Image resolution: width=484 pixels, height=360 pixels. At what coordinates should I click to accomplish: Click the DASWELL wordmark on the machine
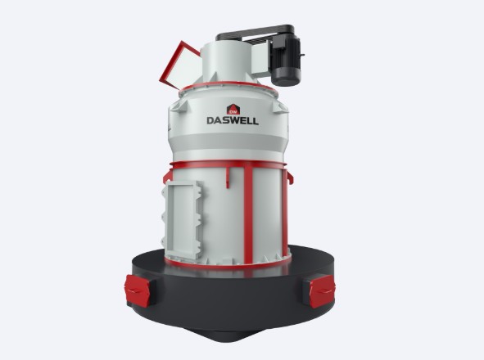coord(233,120)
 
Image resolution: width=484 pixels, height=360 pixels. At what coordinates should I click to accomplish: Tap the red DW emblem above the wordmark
coord(233,110)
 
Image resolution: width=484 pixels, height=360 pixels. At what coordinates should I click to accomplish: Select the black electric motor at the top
coord(286,61)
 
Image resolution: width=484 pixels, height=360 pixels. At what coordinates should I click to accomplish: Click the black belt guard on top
coord(256,33)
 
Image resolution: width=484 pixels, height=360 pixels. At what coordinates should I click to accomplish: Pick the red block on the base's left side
coord(138,290)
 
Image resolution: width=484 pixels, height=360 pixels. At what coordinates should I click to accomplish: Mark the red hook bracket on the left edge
coord(167,177)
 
